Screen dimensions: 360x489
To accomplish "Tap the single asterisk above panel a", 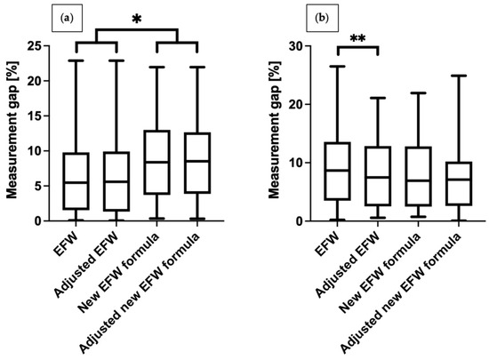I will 136,18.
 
